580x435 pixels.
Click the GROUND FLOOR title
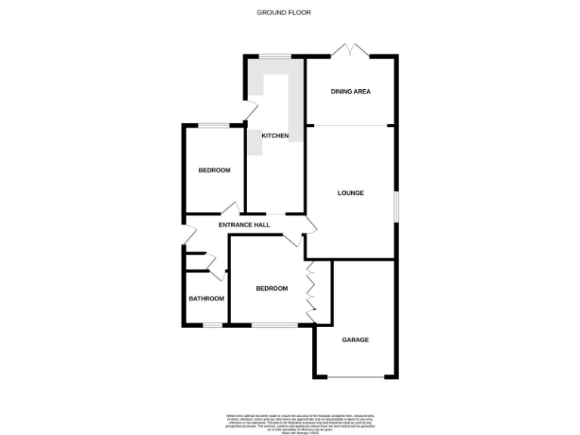point(284,13)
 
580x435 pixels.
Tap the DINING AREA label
point(350,92)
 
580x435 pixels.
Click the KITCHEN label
point(276,136)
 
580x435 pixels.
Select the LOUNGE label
point(350,193)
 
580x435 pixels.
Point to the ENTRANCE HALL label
point(245,226)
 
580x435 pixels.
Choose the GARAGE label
point(355,341)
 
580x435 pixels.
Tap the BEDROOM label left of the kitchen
point(214,171)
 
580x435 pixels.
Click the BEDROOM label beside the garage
point(272,288)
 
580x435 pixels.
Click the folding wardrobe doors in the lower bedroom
point(310,292)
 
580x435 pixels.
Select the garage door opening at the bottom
point(355,376)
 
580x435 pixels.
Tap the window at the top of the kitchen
point(275,56)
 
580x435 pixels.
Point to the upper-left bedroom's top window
point(214,125)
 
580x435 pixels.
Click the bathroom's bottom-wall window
point(212,325)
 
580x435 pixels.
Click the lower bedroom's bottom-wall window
point(275,325)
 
